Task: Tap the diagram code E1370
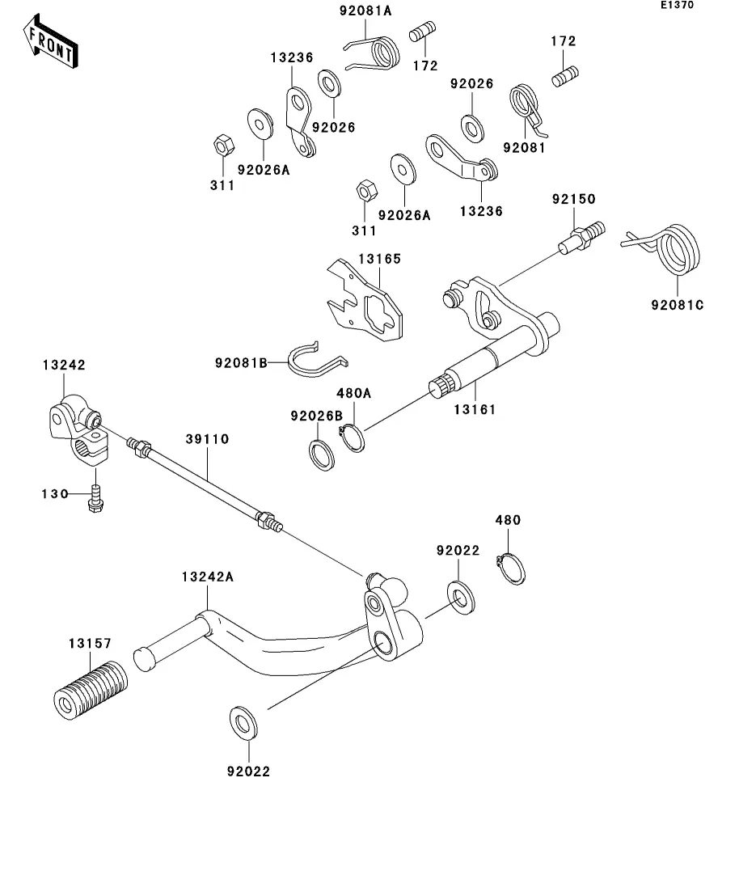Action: pyautogui.click(x=676, y=6)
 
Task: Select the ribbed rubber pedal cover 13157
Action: pyautogui.click(x=88, y=688)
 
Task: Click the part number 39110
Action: pyautogui.click(x=208, y=439)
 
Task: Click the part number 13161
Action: pyautogui.click(x=474, y=409)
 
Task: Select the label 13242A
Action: pyautogui.click(x=207, y=577)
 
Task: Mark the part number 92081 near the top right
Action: pyautogui.click(x=524, y=147)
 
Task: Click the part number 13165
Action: pyautogui.click(x=380, y=259)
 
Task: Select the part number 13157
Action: pyautogui.click(x=90, y=643)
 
